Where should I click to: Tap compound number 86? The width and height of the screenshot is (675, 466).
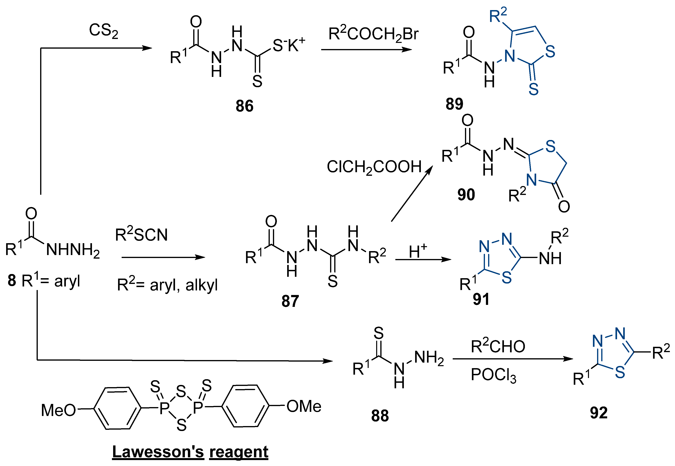[x=244, y=106]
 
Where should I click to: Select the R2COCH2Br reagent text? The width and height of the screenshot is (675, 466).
[x=373, y=34]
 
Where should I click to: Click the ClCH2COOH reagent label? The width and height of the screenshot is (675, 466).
[x=374, y=167]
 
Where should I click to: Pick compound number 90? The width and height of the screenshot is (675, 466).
[x=466, y=195]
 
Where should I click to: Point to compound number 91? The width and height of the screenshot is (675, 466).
[x=481, y=299]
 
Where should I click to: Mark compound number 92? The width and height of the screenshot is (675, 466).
[x=598, y=413]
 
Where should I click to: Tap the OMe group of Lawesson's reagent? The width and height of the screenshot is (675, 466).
[x=304, y=406]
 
